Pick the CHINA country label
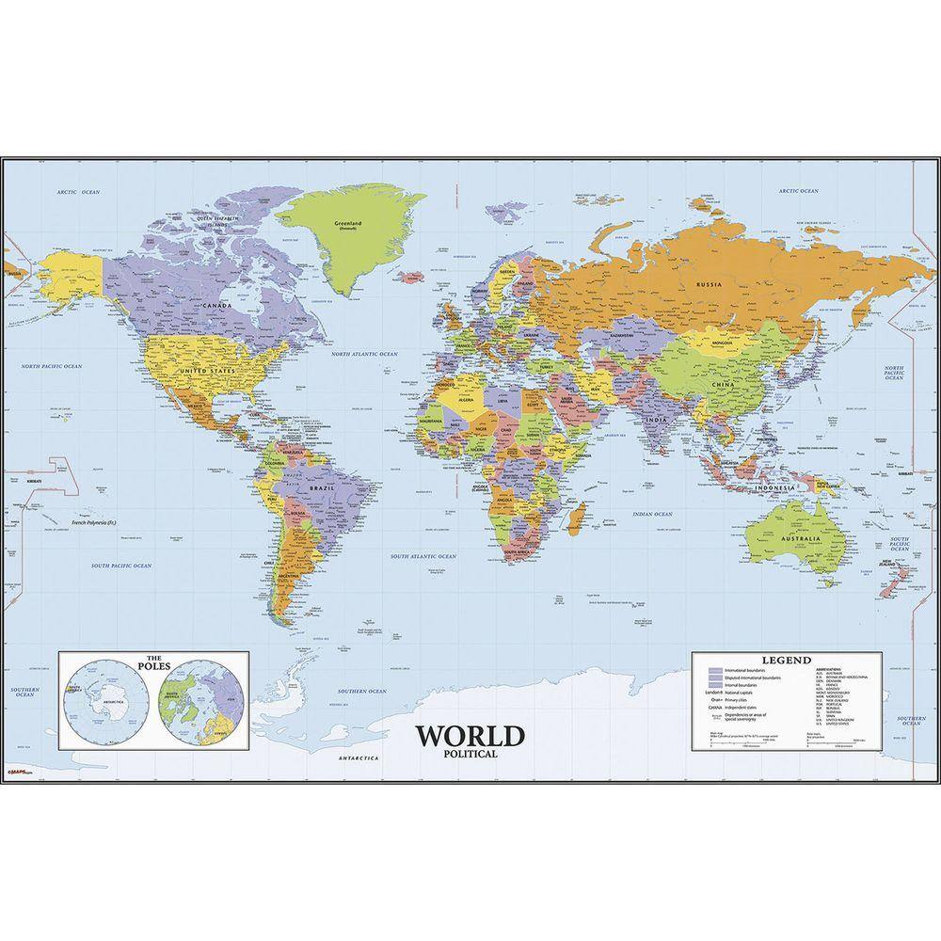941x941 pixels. click(x=725, y=386)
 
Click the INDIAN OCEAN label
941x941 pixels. click(x=651, y=515)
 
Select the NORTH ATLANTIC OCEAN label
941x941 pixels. click(x=364, y=354)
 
